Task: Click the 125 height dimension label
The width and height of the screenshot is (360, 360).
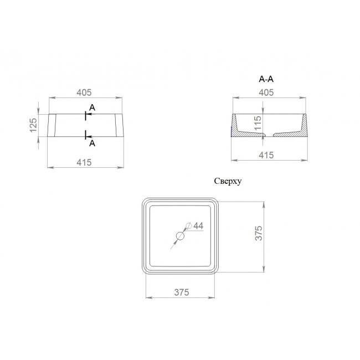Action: tap(33, 125)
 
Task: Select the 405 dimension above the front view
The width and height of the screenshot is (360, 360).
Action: tap(84, 92)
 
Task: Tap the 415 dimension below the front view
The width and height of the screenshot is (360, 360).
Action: tap(84, 162)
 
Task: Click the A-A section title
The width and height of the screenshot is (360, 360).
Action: tap(266, 79)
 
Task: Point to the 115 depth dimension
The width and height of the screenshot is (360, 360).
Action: tap(258, 123)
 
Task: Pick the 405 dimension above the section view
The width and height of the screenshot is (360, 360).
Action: tap(266, 92)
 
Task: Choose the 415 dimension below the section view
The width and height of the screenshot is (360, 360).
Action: tap(266, 155)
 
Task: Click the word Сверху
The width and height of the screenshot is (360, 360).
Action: tap(228, 181)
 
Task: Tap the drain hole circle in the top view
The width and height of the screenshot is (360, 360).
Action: tap(180, 236)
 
